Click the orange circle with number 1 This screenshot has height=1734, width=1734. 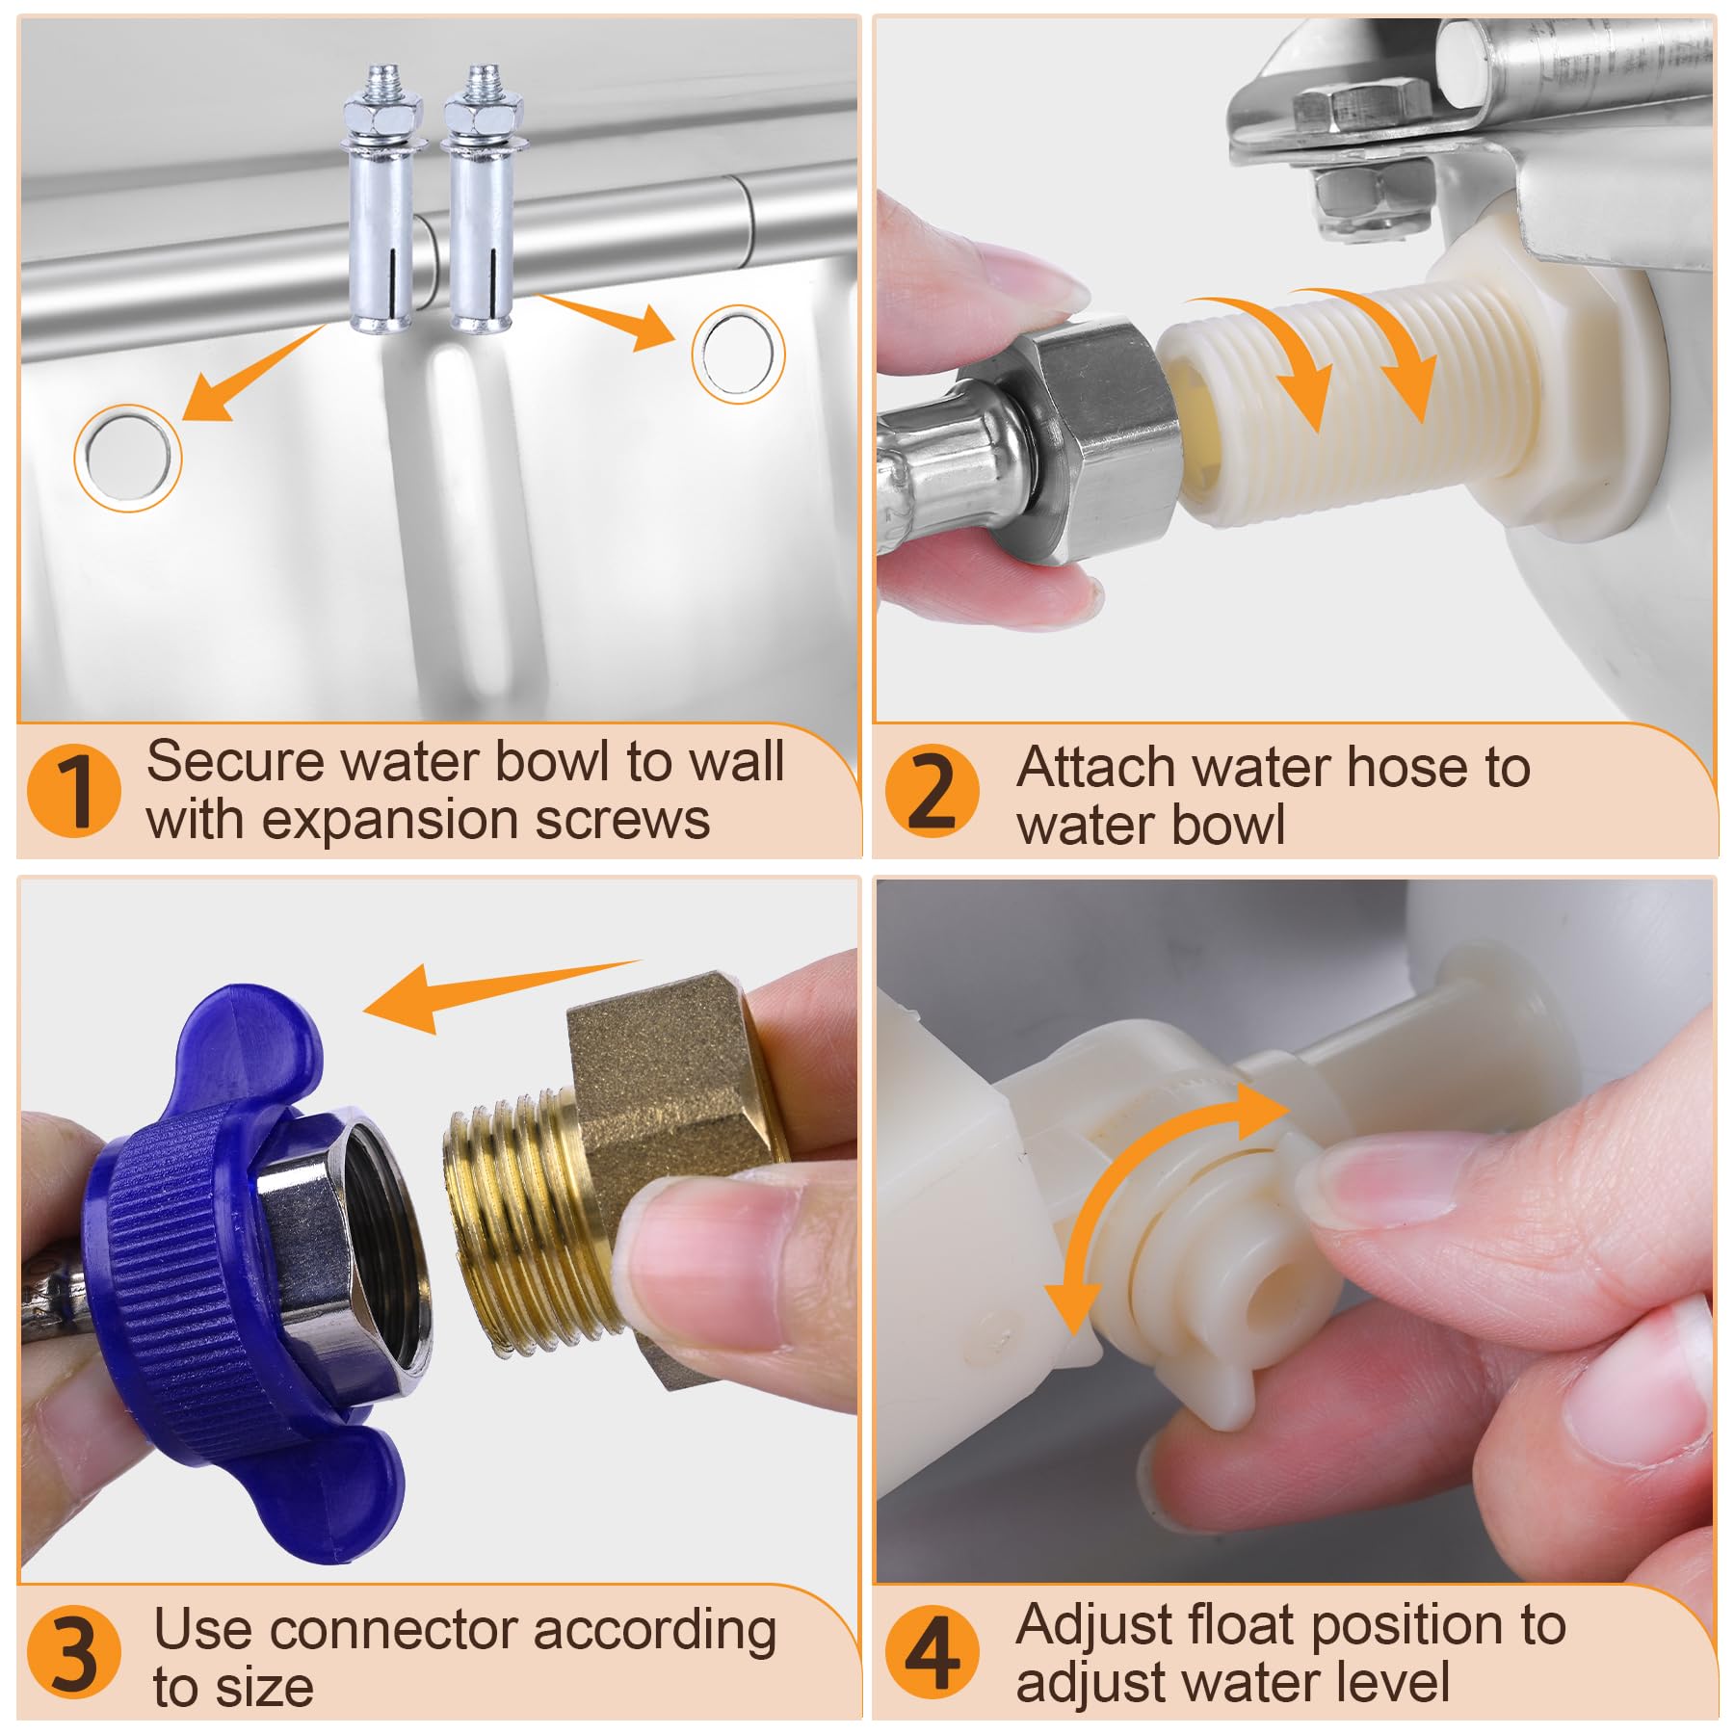(74, 790)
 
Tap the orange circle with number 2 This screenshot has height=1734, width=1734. (932, 790)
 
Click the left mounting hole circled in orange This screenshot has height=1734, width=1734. (128, 458)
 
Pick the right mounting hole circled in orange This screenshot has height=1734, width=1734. (738, 355)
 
